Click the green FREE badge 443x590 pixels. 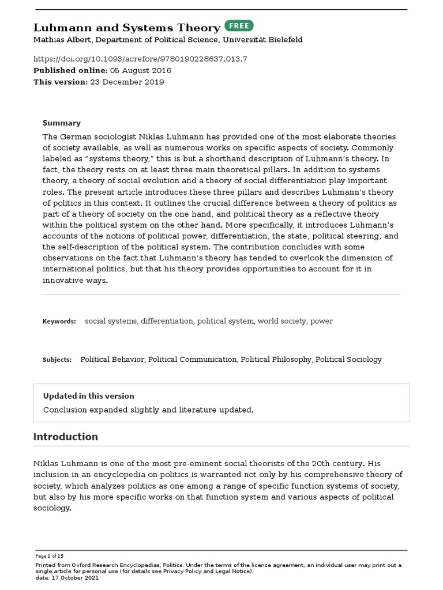coord(239,26)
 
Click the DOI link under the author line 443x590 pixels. coord(140,59)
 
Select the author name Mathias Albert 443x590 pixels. coord(59,40)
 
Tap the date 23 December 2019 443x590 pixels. coord(127,82)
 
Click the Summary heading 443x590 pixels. coord(62,123)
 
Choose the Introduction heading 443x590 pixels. coord(66,437)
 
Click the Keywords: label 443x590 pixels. coord(59,321)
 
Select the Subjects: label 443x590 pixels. coord(57,360)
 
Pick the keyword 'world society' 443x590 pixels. coord(281,321)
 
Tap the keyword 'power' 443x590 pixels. coord(321,321)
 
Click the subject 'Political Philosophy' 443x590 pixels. coord(276,359)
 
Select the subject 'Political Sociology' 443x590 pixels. coord(348,359)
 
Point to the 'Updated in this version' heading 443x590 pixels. coord(89,396)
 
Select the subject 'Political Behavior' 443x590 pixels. coord(112,359)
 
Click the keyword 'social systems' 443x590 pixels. coord(111,321)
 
